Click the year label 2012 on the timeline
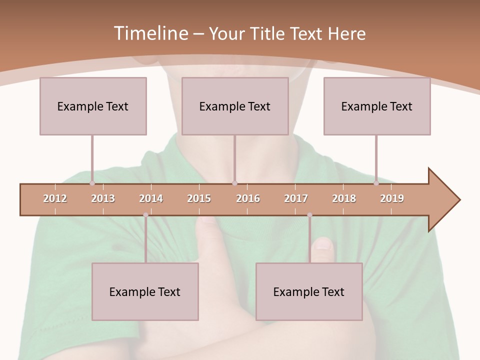55,198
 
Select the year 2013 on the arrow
103,198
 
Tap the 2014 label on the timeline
151,198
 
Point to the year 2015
199,198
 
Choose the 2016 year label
248,198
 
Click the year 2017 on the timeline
296,198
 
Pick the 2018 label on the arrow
344,198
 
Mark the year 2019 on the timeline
392,198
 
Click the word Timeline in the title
150,33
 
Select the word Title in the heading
268,33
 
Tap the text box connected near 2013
93,106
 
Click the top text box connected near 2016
235,106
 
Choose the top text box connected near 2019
377,106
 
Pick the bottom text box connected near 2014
145,291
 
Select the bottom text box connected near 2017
309,291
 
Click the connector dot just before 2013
92,183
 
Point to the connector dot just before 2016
234,183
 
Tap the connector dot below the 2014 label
145,215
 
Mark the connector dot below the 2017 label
309,215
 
